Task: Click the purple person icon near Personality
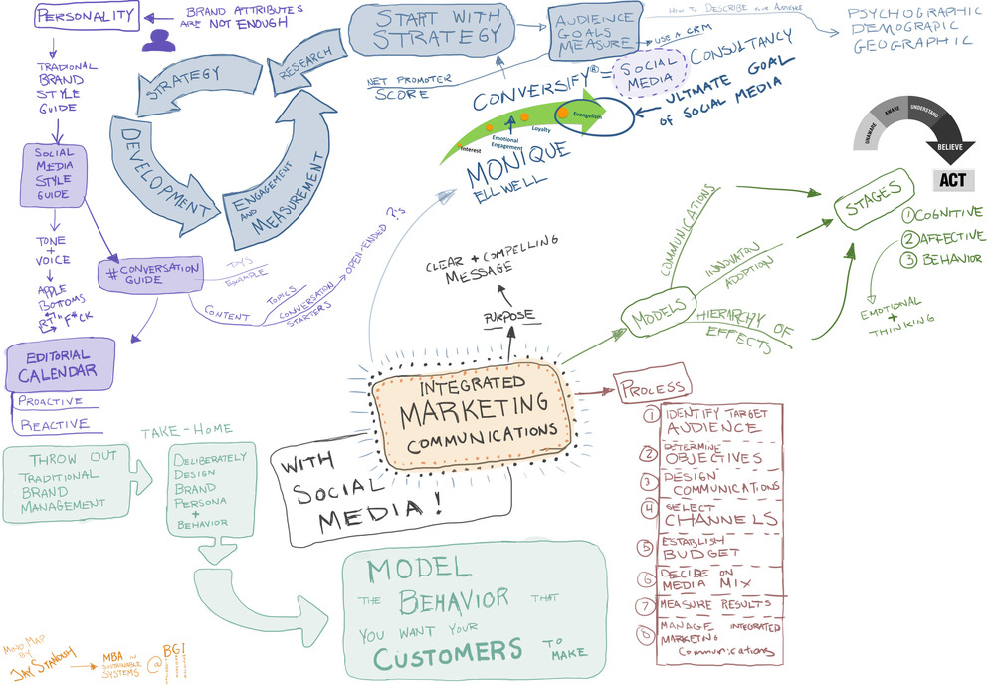pos(156,39)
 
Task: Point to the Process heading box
pos(652,386)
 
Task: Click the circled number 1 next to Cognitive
pos(908,212)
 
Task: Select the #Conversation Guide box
pos(152,272)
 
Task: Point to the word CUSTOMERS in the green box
pos(448,651)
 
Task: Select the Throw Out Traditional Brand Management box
pos(68,480)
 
